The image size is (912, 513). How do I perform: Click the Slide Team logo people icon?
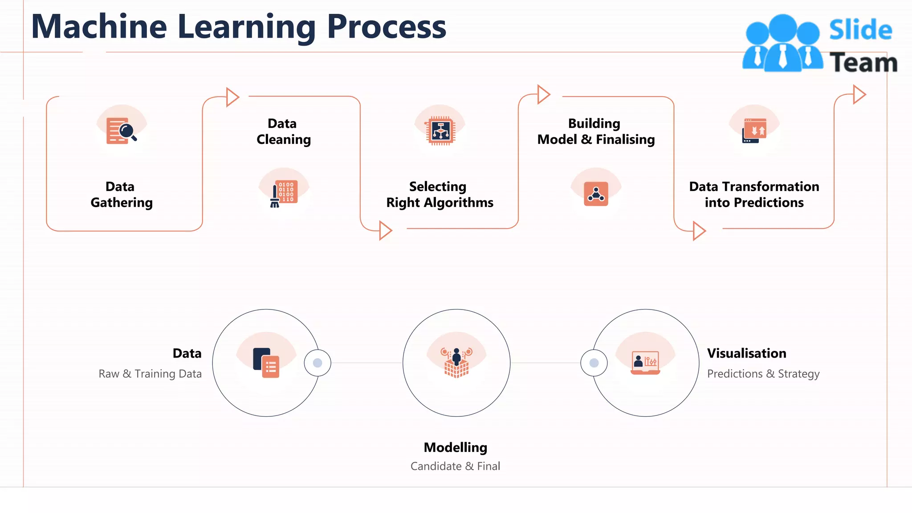point(782,44)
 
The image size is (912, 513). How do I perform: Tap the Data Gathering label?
point(122,195)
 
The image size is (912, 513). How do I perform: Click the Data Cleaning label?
point(284,131)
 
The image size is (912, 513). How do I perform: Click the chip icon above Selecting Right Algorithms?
point(440,131)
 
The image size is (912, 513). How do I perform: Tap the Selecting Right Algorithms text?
point(440,195)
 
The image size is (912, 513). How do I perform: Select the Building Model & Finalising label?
point(596,131)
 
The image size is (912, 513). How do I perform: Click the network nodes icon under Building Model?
point(596,194)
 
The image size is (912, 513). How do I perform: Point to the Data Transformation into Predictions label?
point(754,195)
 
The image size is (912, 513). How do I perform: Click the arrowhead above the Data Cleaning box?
point(232,97)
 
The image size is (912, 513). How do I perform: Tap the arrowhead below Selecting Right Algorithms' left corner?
point(385,230)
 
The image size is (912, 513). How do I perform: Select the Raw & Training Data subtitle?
point(150,374)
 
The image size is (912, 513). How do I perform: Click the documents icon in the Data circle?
point(266,362)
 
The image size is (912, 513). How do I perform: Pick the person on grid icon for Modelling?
point(456,362)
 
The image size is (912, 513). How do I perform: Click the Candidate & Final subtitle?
point(455,466)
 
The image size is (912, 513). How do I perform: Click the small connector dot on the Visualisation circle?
point(594,363)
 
